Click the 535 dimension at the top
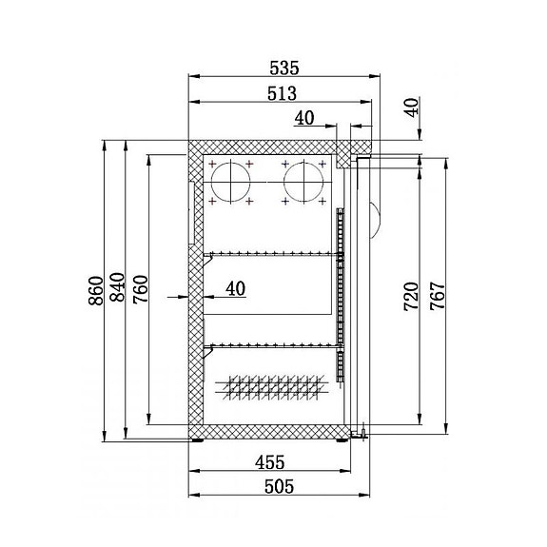pyautogui.click(x=283, y=68)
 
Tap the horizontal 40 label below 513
pyautogui.click(x=304, y=118)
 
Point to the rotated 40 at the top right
pyautogui.click(x=411, y=107)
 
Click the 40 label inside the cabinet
pyautogui.click(x=236, y=287)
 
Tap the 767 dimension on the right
pyautogui.click(x=437, y=296)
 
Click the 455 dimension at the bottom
pyautogui.click(x=270, y=463)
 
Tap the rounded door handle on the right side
pyautogui.click(x=374, y=218)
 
